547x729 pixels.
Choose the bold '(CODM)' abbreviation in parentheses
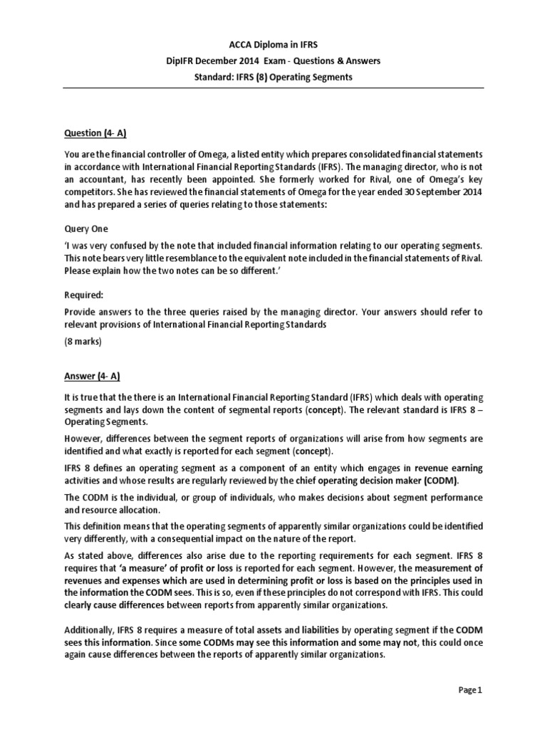click(442, 482)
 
